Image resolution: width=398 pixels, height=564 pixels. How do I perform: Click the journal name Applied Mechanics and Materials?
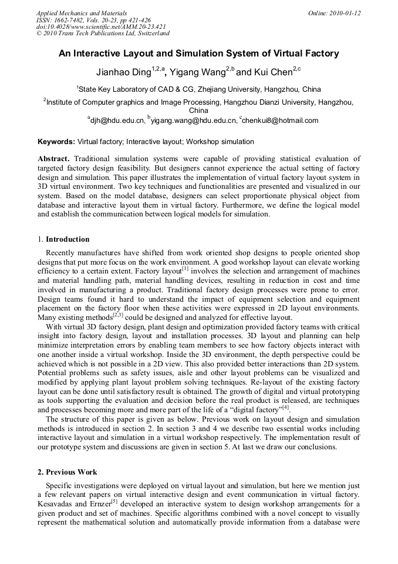81,13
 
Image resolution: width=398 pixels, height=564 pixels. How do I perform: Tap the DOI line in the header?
101,26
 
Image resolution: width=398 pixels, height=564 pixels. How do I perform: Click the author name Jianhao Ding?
123,73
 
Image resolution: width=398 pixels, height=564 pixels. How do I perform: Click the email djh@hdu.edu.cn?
117,121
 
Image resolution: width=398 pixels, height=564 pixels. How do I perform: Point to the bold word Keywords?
56,142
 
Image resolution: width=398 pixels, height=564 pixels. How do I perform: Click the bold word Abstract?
53,159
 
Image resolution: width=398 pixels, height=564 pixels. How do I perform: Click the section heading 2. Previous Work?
68,472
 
